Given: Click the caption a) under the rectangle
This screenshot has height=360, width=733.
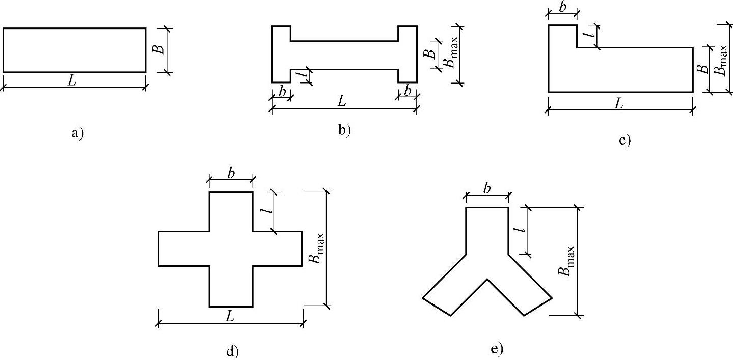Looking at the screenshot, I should point(77,133).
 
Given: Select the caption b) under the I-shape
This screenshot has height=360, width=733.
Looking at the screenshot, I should point(345,130).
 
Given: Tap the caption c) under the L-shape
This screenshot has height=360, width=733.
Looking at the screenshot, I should point(625,140).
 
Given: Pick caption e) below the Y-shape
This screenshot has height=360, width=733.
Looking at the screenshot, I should point(497,349).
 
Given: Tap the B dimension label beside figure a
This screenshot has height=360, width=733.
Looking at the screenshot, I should point(159,49).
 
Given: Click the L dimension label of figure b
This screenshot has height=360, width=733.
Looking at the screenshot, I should point(342,101).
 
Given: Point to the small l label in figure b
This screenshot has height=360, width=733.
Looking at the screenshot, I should point(304,75).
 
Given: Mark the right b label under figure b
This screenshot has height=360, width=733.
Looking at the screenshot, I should point(407,91).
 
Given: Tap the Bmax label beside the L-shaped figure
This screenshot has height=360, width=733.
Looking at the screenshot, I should point(722,60).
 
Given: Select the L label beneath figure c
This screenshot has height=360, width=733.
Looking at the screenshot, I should point(619,104).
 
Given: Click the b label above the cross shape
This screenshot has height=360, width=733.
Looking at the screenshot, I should point(231,173).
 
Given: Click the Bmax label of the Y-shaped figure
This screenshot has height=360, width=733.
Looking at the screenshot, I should point(568,261).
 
